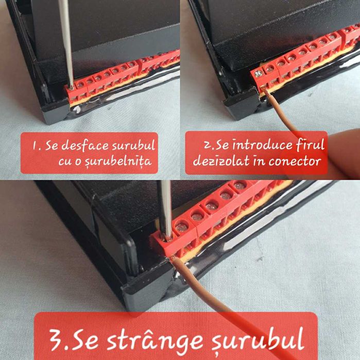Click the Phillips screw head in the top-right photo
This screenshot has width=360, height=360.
tap(260, 74)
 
